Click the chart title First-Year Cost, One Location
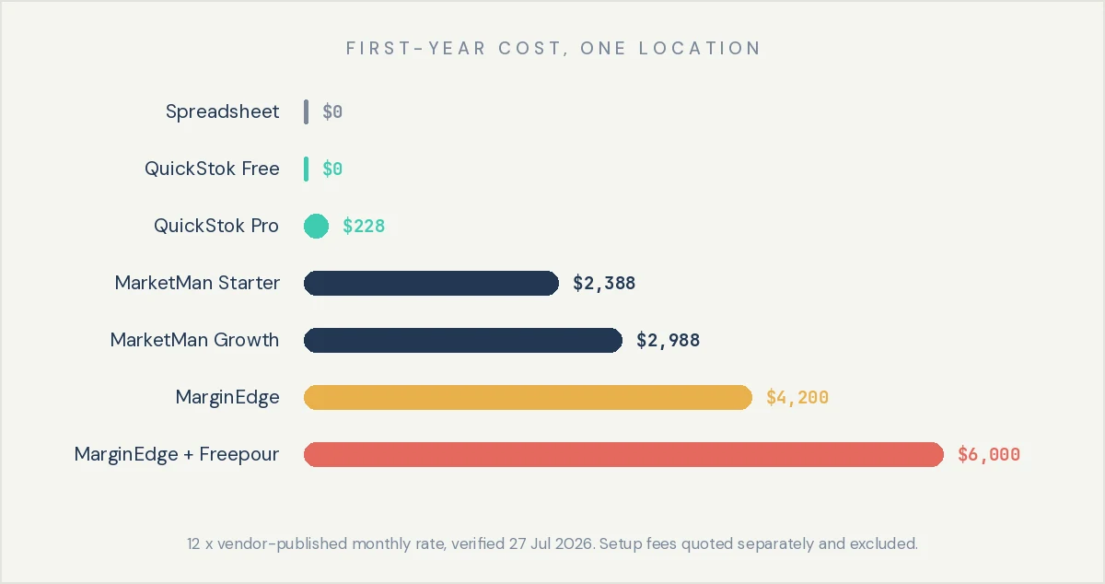(x=553, y=49)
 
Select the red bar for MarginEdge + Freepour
(x=623, y=454)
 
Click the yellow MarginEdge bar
(x=528, y=397)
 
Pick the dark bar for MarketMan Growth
(x=463, y=340)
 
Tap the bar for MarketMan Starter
(x=431, y=283)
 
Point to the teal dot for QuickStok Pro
(x=316, y=226)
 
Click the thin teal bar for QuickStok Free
(x=307, y=169)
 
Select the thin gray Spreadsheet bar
(x=307, y=111)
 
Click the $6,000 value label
(x=989, y=454)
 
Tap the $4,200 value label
(x=797, y=397)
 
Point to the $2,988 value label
(x=668, y=340)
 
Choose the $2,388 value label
(x=604, y=284)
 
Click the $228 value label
(x=364, y=226)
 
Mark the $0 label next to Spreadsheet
(x=332, y=111)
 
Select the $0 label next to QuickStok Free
(x=332, y=169)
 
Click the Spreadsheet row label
(x=223, y=111)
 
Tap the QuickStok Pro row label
(x=216, y=226)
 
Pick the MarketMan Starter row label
(x=197, y=283)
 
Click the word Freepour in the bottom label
(x=238, y=455)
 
